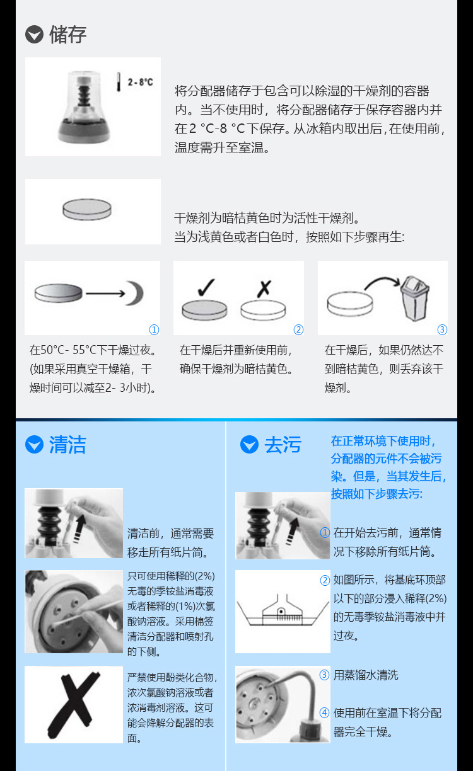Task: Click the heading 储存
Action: point(67,35)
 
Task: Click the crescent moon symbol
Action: point(134,294)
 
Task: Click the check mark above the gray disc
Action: point(206,287)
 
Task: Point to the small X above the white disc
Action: point(264,288)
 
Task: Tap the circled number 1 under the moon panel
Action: point(154,330)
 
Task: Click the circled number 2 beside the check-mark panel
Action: point(298,330)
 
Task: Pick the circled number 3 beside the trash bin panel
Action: point(442,330)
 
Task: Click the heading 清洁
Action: point(67,445)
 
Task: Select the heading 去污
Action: point(283,445)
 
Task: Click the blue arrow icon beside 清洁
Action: point(34,445)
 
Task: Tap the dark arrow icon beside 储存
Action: point(34,35)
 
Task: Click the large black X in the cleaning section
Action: point(74,704)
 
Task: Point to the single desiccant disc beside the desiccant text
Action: point(87,210)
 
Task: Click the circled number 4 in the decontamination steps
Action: point(324,713)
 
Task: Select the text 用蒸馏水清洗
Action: point(366,675)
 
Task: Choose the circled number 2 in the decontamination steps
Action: point(325,580)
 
